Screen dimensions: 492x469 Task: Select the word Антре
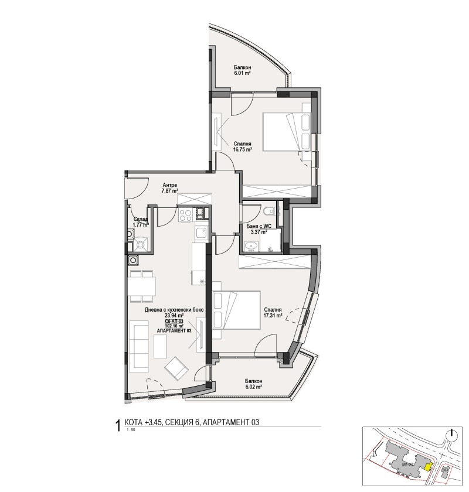[169, 184]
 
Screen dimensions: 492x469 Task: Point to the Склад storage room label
[140, 218]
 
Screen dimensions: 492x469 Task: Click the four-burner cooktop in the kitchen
[185, 216]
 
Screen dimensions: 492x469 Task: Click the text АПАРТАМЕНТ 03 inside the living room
[174, 331]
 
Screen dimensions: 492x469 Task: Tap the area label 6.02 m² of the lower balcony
[253, 387]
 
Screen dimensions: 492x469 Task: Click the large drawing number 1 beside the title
[120, 423]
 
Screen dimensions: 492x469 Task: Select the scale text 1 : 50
[130, 430]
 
